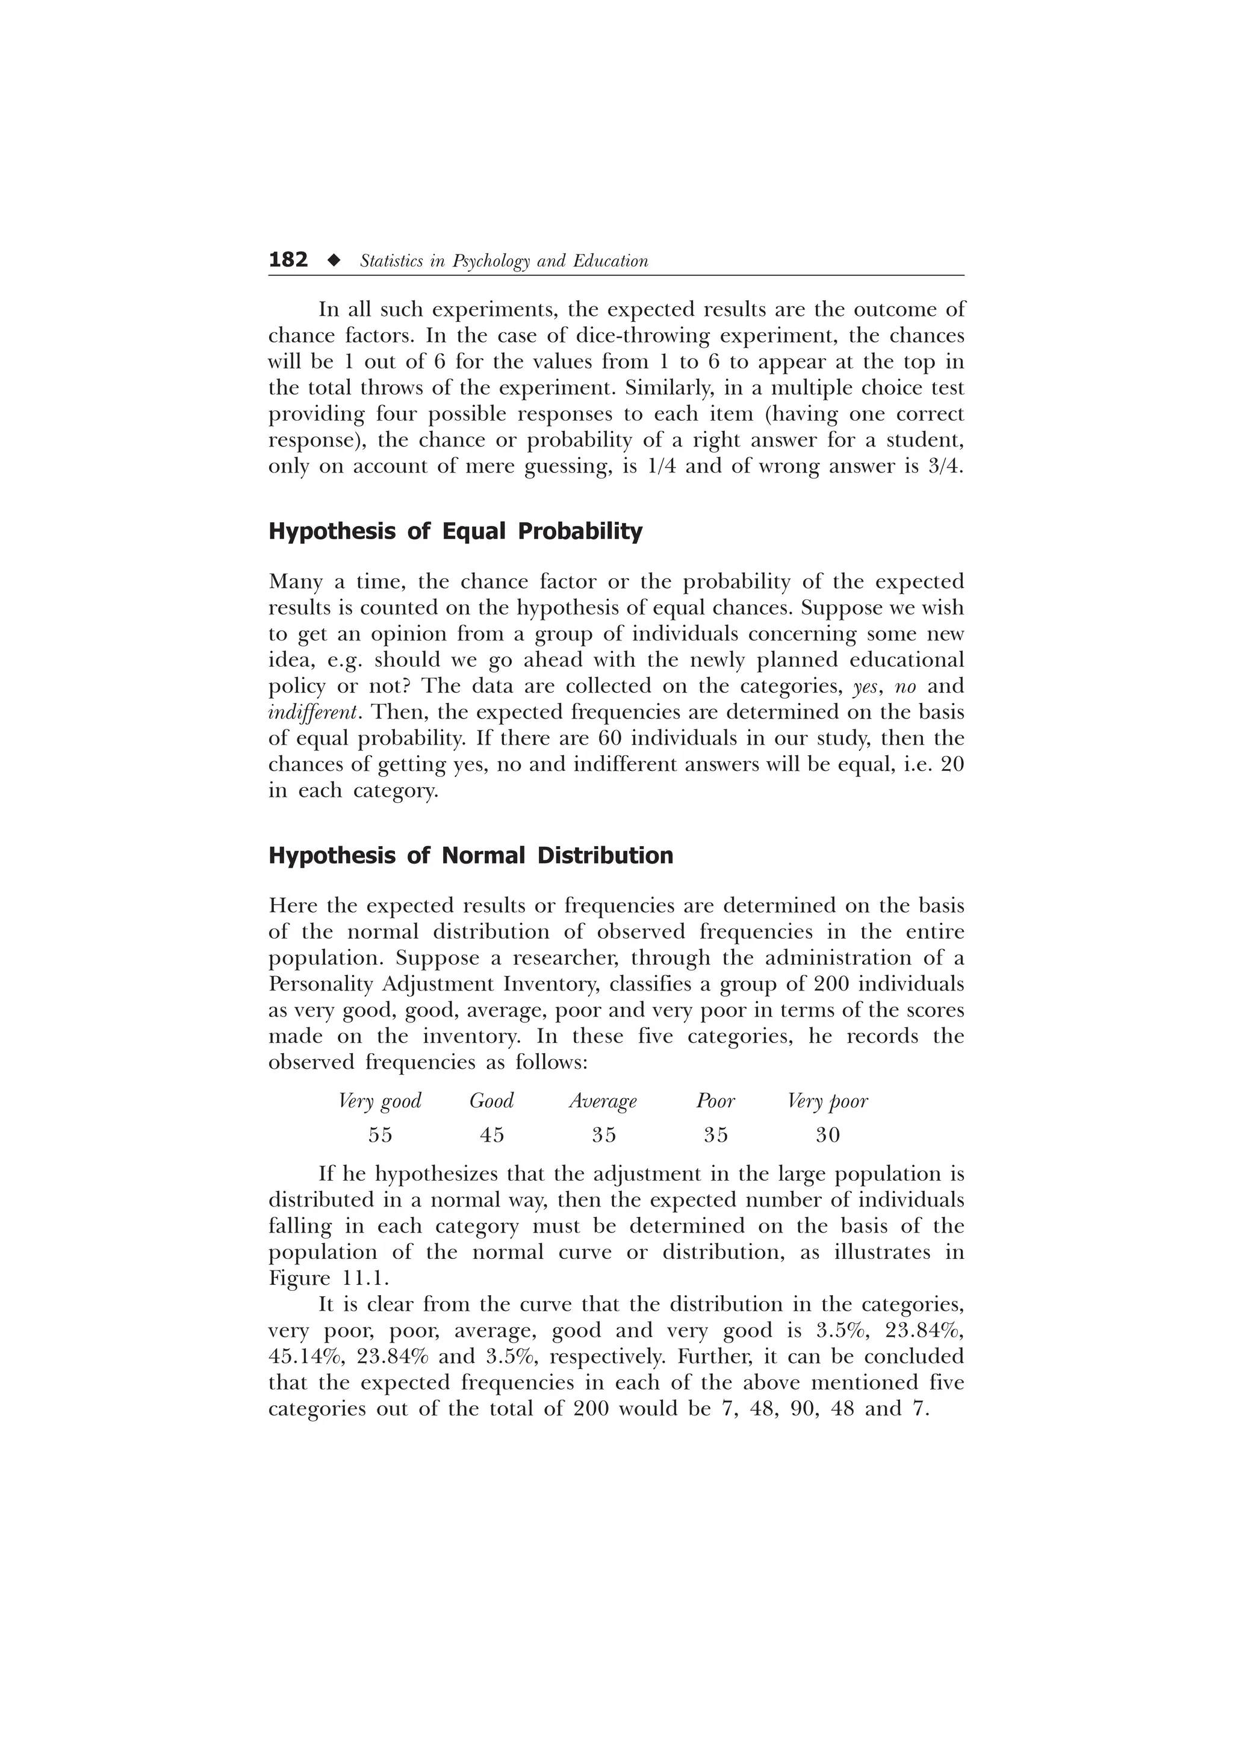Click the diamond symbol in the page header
tap(333, 261)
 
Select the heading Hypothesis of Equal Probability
tap(455, 532)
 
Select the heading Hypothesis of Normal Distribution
tap(470, 856)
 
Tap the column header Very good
tap(379, 1101)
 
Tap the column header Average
tap(603, 1101)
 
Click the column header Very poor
tap(827, 1101)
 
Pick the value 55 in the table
tap(380, 1135)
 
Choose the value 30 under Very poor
tap(827, 1135)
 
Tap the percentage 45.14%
tap(304, 1356)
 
